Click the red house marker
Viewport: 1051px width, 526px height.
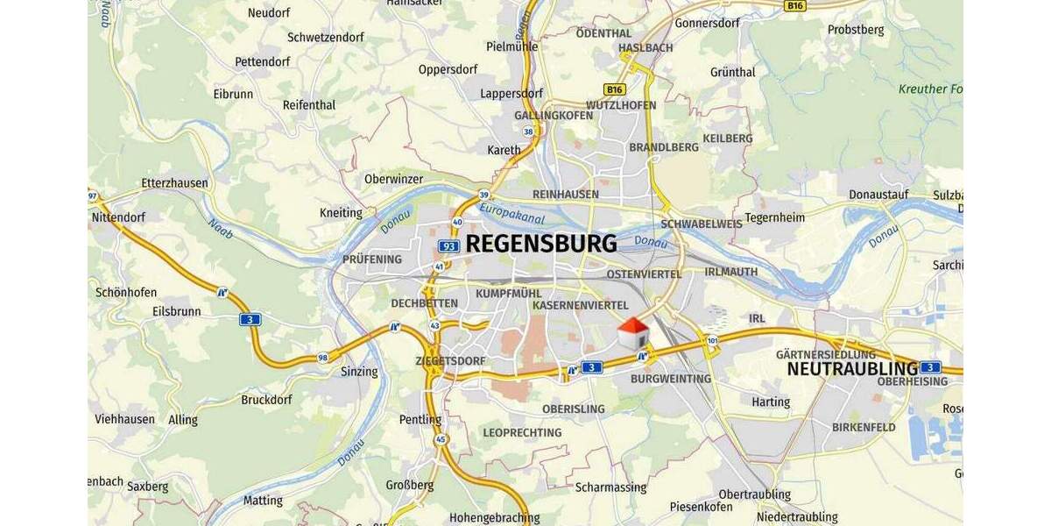[x=632, y=333]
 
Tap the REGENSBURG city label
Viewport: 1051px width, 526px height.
[x=540, y=244]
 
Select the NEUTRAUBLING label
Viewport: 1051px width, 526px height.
[x=851, y=368]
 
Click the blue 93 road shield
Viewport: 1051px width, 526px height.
[x=448, y=246]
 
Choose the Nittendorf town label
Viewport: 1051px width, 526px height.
[x=118, y=217]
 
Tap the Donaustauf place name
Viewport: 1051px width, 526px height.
[x=878, y=195]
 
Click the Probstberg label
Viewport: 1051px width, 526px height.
[x=856, y=30]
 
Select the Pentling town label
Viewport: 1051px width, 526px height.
[x=420, y=420]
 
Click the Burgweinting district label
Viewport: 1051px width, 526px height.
[x=671, y=379]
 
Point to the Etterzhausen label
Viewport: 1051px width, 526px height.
[x=174, y=183]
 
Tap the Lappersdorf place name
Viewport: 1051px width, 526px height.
[x=511, y=93]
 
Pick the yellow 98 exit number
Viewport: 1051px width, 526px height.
[x=323, y=358]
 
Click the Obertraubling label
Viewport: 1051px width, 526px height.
[x=754, y=494]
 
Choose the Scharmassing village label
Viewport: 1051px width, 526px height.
[x=610, y=487]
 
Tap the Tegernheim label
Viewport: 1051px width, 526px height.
[x=774, y=217]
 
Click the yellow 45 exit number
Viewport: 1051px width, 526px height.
[x=441, y=439]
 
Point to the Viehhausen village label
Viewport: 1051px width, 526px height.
[x=124, y=419]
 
